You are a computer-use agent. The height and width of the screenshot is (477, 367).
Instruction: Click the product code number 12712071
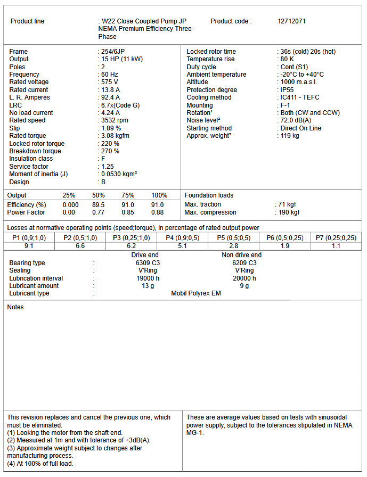pyautogui.click(x=291, y=21)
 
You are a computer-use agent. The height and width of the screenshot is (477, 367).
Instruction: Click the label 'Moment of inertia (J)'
pyautogui.click(x=39, y=174)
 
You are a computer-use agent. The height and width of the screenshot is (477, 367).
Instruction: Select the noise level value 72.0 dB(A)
pyautogui.click(x=297, y=120)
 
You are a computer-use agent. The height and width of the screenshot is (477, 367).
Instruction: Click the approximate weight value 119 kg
pyautogui.click(x=290, y=136)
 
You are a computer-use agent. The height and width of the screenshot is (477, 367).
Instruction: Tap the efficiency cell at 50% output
pyautogui.click(x=98, y=205)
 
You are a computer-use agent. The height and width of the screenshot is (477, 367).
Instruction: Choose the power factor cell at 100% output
pyautogui.click(x=157, y=212)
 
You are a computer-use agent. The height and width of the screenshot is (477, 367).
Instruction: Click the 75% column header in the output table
pyautogui.click(x=128, y=195)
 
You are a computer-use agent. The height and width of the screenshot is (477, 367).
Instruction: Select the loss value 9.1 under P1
pyautogui.click(x=29, y=246)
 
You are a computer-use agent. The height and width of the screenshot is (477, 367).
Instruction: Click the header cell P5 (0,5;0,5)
pyautogui.click(x=233, y=238)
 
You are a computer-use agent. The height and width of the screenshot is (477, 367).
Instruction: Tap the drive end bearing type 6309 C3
pyautogui.click(x=145, y=263)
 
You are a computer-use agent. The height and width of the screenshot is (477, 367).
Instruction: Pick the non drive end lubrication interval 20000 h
pyautogui.click(x=244, y=278)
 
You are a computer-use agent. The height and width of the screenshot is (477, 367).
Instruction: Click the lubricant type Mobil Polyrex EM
pyautogui.click(x=195, y=293)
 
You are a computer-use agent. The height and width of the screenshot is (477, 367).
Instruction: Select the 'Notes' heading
pyautogui.click(x=15, y=307)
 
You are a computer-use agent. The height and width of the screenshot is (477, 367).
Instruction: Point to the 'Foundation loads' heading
pyautogui.click(x=209, y=195)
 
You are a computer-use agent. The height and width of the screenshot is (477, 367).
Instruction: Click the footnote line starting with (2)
pyautogui.click(x=79, y=440)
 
